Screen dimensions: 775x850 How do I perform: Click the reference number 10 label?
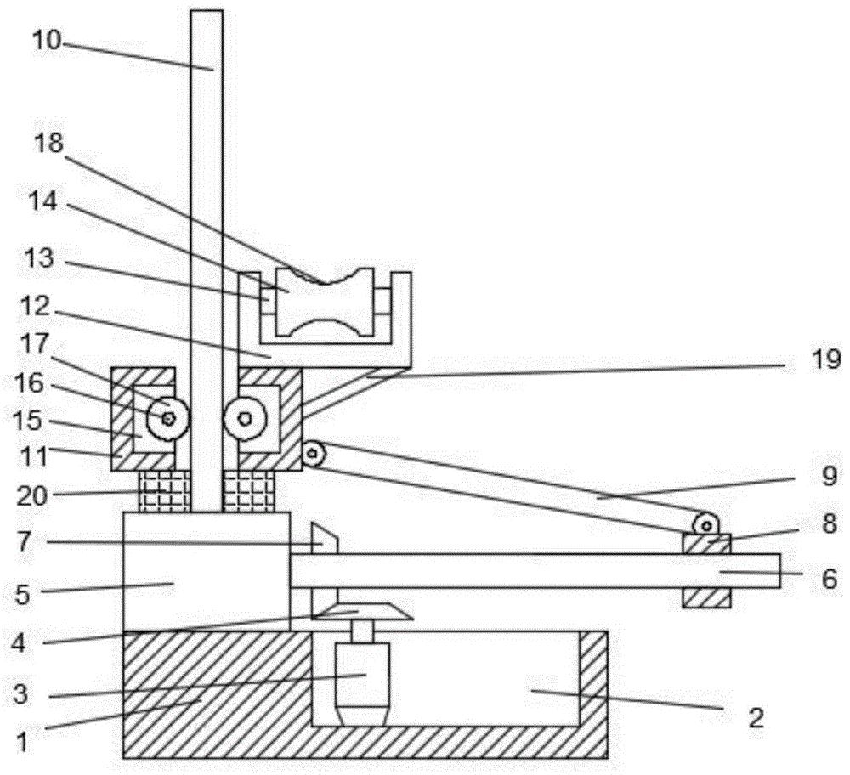click(48, 40)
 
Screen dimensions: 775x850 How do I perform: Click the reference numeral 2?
click(756, 718)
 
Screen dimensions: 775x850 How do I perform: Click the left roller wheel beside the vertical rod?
click(167, 418)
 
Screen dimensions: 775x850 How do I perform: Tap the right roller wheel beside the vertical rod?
click(245, 418)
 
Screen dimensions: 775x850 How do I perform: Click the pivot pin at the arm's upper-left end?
click(314, 454)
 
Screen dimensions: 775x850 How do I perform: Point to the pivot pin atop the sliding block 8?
click(705, 524)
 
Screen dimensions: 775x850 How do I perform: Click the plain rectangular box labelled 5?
click(206, 571)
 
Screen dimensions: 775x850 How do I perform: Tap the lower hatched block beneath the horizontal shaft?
click(706, 598)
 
